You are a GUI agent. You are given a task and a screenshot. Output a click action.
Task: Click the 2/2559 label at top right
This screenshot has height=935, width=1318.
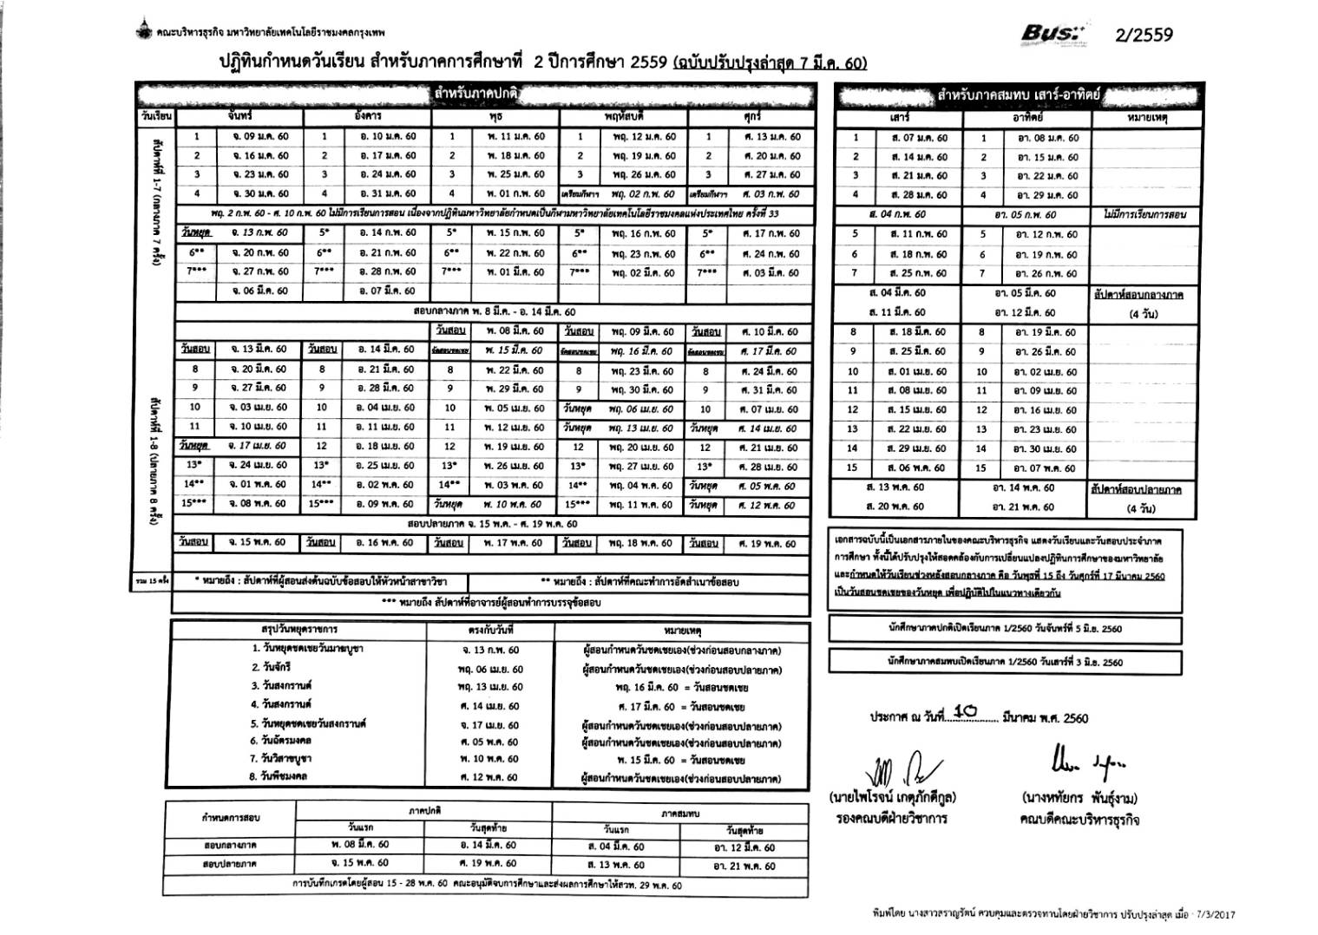pos(1143,35)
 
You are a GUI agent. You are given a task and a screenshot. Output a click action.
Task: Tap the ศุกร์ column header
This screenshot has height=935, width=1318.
pos(751,115)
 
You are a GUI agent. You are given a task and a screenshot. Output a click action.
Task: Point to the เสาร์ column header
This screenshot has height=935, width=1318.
pos(899,117)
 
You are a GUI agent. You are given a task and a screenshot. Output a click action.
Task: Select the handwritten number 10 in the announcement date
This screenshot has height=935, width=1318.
pos(964,711)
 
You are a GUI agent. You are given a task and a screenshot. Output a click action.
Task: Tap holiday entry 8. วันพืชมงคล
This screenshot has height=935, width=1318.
pos(279,776)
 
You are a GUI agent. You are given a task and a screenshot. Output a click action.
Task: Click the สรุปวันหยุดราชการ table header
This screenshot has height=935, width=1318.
pos(298,629)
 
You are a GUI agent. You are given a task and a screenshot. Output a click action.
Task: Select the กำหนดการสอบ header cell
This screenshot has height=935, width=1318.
pos(230,817)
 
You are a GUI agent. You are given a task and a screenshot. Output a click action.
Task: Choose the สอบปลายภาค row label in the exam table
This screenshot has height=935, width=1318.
pos(230,864)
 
